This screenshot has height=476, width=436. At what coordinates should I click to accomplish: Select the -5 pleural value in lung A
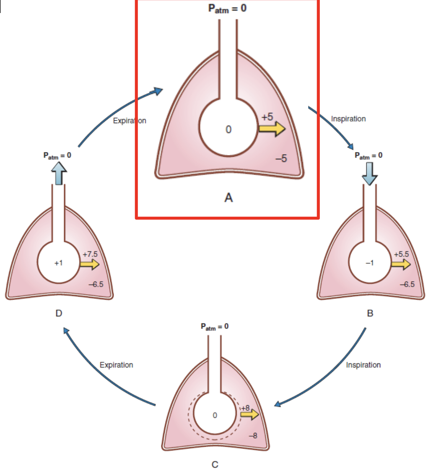coord(281,159)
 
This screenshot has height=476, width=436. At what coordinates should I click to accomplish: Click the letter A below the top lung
coord(228,198)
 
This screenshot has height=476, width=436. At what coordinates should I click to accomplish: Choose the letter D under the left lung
coord(59,313)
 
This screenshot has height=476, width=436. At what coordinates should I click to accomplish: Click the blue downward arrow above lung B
coord(369,173)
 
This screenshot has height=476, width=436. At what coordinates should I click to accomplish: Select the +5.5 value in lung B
coord(401,254)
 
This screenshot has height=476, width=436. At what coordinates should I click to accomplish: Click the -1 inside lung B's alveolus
coord(369,263)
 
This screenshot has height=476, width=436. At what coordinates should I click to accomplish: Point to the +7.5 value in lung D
coord(90,254)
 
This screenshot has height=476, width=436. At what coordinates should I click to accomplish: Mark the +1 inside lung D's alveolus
coord(59,263)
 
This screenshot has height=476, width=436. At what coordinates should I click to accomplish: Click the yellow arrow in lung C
coord(249,414)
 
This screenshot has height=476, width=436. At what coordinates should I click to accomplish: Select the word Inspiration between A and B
coord(348,119)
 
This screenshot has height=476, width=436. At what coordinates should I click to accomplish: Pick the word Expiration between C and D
coord(117,365)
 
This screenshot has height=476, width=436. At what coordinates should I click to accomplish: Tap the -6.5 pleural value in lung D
coord(96,284)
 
